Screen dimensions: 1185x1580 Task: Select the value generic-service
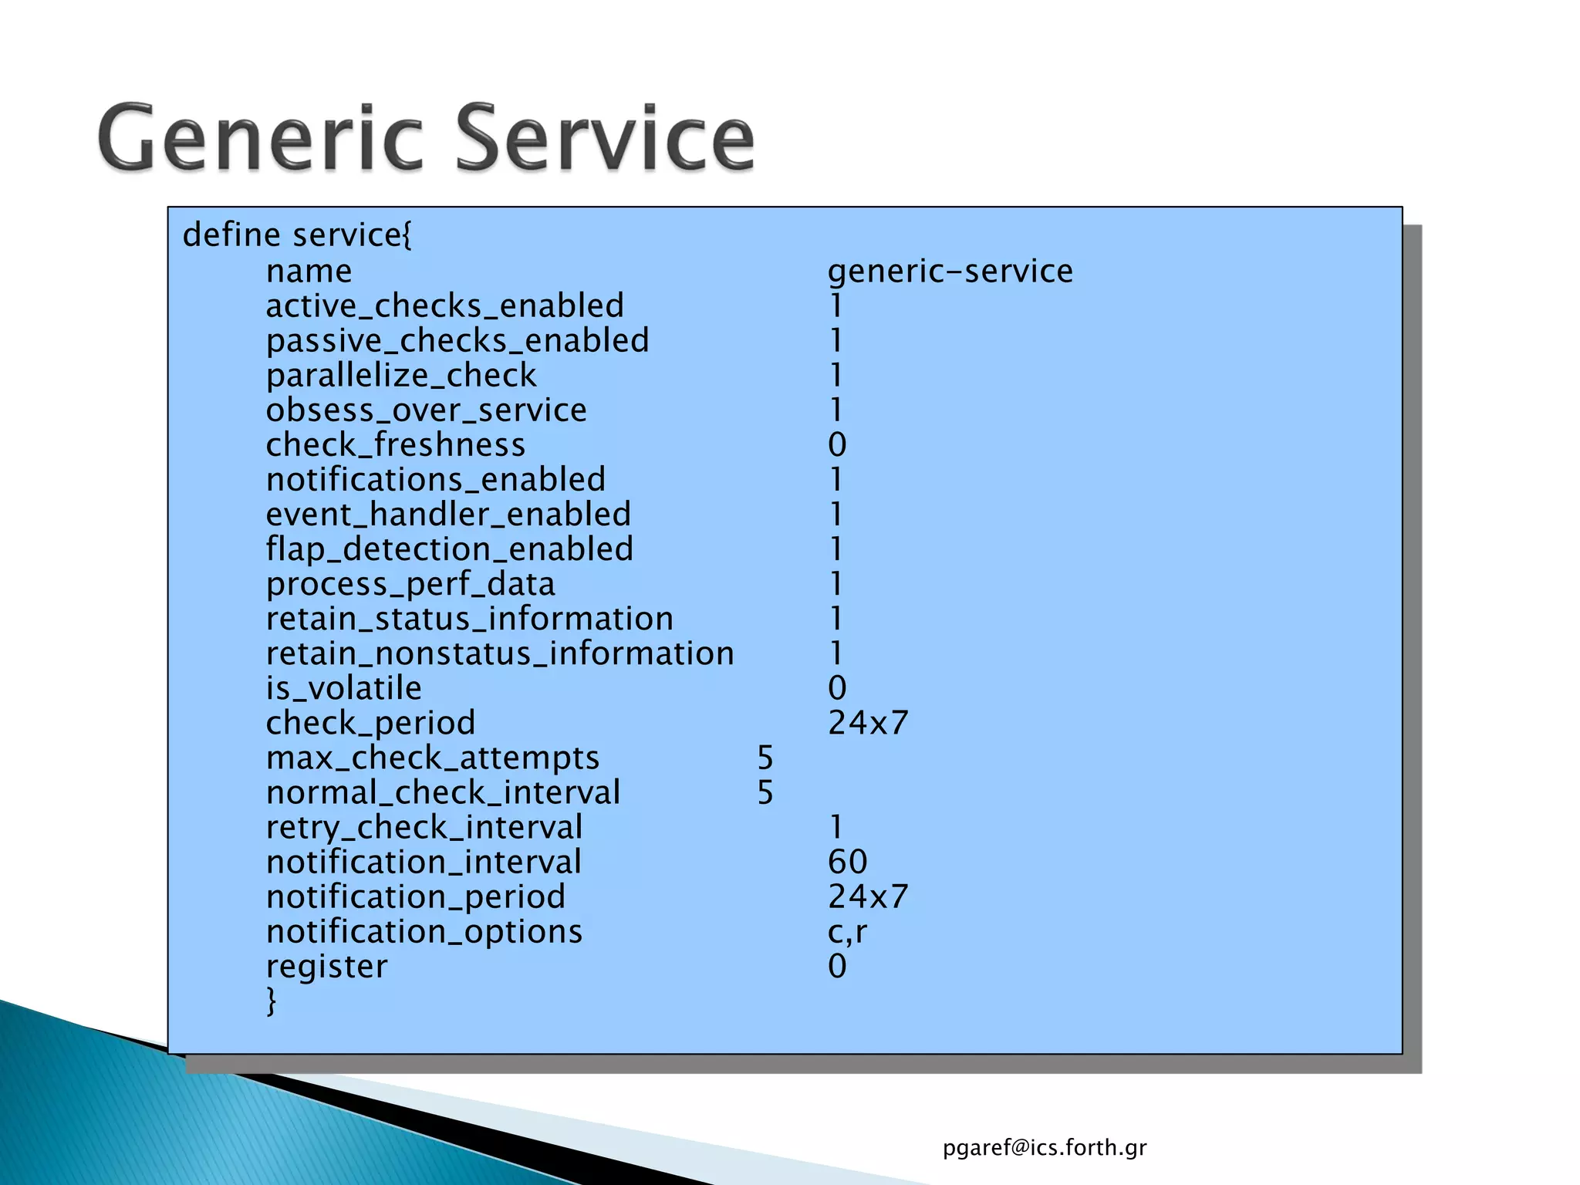950,272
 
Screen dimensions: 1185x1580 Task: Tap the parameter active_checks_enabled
444,306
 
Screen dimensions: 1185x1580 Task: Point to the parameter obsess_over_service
426,410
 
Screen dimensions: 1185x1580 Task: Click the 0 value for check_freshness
837,445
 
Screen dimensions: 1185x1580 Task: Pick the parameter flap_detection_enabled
449,549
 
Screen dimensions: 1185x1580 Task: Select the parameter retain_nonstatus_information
500,654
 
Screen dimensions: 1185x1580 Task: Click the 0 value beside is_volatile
837,688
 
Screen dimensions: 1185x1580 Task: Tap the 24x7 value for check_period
868,723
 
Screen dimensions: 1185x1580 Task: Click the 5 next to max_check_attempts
765,758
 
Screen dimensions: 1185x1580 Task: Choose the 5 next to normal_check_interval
765,793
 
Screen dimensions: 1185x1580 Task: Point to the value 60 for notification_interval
847,862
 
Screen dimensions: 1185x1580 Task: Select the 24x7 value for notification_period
868,896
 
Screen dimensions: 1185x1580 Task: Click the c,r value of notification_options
847,932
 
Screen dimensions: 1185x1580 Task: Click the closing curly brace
271,1001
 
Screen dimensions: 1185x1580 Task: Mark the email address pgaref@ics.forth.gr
1045,1148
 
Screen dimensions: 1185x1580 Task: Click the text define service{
297,235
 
